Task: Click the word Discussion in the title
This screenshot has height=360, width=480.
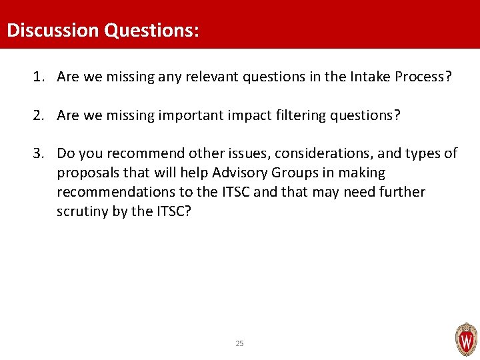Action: click(x=51, y=31)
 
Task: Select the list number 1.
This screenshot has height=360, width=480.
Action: click(x=38, y=77)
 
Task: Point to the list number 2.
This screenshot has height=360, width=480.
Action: click(x=38, y=115)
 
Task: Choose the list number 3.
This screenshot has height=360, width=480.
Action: click(x=38, y=153)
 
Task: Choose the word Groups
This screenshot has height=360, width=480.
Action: click(x=294, y=173)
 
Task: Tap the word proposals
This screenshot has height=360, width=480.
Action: click(x=87, y=173)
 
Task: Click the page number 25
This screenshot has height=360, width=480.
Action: click(x=240, y=343)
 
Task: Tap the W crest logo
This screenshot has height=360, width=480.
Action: click(x=465, y=339)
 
